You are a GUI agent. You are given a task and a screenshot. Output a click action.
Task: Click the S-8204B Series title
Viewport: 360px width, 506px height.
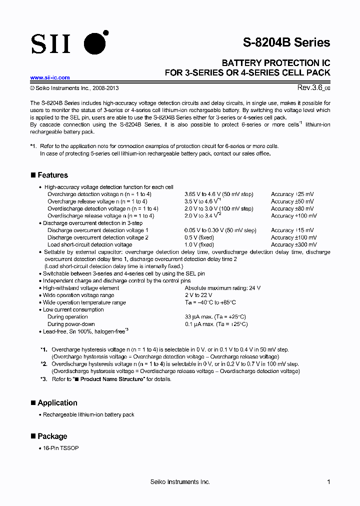click(x=286, y=42)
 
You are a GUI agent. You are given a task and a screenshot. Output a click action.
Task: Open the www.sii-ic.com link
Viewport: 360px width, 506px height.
click(x=50, y=77)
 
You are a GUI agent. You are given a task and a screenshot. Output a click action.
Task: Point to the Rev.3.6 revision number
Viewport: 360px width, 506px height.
click(x=311, y=87)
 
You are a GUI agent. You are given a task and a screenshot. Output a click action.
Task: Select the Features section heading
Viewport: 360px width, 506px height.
click(x=52, y=175)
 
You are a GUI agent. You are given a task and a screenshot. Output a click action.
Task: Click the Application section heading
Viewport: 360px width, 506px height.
click(x=57, y=402)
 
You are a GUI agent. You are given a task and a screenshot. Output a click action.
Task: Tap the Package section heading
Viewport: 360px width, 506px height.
click(x=52, y=436)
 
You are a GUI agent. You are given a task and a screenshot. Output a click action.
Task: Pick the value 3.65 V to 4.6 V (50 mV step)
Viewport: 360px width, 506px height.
click(x=219, y=194)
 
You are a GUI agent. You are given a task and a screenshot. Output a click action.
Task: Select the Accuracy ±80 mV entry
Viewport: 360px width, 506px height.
click(x=292, y=208)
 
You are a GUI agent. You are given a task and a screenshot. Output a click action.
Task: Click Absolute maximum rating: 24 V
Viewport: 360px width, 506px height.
click(x=222, y=288)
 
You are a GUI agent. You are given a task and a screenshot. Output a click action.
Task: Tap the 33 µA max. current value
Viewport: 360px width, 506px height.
click(x=215, y=317)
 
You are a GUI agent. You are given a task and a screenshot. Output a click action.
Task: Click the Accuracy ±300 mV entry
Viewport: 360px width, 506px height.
click(x=293, y=244)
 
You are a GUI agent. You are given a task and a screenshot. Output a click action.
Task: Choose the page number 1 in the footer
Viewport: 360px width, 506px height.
click(x=328, y=481)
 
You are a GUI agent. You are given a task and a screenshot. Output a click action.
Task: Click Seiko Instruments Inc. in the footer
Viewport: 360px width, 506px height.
click(x=180, y=481)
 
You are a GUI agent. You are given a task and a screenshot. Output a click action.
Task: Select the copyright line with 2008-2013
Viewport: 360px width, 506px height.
click(x=74, y=88)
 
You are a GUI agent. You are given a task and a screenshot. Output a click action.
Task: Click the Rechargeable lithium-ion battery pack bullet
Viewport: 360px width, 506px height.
click(x=88, y=414)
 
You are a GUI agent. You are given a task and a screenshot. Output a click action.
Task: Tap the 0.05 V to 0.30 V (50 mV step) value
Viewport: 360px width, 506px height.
click(x=220, y=230)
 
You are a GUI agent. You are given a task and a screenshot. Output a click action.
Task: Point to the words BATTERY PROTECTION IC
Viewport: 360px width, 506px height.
click(x=276, y=63)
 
